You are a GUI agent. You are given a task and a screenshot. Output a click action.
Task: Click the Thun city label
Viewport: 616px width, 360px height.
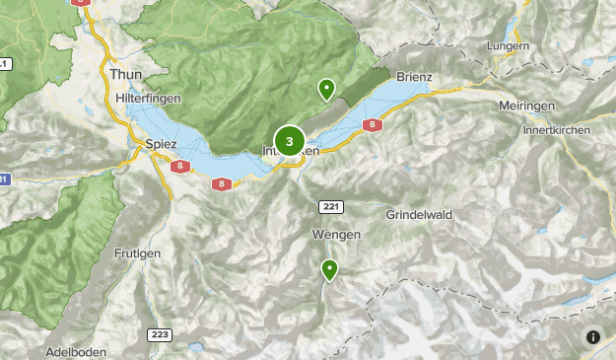[x=127, y=74]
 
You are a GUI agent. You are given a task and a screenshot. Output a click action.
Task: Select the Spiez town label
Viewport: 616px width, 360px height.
[x=160, y=144]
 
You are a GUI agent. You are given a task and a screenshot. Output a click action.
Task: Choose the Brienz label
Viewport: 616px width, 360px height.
[x=414, y=76]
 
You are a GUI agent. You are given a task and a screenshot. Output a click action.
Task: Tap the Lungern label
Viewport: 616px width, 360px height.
[x=508, y=46]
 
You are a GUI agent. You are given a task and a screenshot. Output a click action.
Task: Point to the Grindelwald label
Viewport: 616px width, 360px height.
[x=418, y=213]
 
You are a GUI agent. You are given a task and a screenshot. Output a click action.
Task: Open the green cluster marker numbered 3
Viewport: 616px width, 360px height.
[x=289, y=141]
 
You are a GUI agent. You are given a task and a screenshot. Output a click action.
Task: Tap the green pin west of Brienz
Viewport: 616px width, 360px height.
[x=326, y=90]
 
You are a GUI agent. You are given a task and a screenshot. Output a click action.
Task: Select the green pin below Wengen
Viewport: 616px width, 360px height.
[x=329, y=269]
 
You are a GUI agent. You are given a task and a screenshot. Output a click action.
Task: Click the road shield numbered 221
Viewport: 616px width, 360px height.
[x=330, y=205]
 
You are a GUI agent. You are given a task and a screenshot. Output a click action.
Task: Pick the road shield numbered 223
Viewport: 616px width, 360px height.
[x=160, y=335]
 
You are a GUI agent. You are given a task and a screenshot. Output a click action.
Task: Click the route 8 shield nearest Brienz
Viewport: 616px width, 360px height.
[x=372, y=125]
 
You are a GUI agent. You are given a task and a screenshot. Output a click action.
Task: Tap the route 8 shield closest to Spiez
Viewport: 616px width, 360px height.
[x=178, y=167]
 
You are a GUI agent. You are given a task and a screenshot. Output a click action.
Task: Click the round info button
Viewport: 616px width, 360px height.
[x=593, y=337]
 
